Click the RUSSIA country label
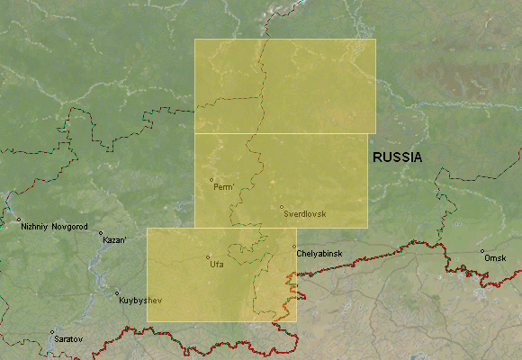(397, 157)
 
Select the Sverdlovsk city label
(304, 214)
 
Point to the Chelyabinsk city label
(319, 255)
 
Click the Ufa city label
(216, 265)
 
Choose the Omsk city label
(495, 258)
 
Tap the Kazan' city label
(114, 240)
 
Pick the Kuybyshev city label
(139, 300)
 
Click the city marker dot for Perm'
(211, 179)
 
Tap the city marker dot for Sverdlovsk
(281, 207)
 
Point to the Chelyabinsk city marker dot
(294, 247)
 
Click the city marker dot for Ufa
(208, 257)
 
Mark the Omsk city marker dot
(481, 251)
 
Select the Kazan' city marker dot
(101, 233)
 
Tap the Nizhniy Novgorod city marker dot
(18, 219)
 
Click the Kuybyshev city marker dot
(116, 292)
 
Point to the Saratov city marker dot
(51, 332)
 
